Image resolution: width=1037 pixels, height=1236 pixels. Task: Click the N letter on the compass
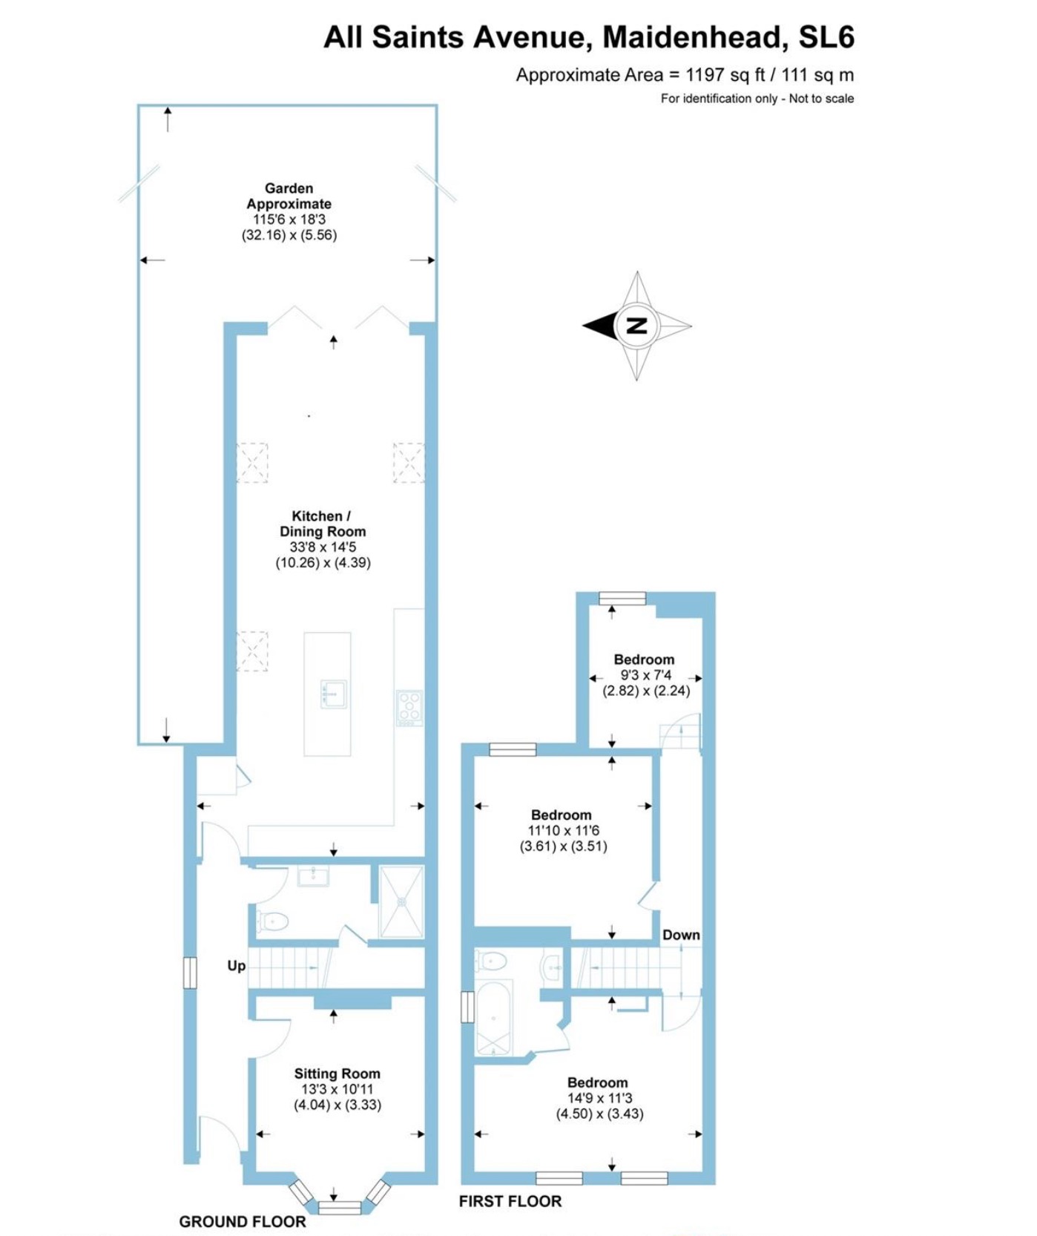point(636,325)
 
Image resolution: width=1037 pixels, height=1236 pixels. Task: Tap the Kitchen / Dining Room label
point(322,524)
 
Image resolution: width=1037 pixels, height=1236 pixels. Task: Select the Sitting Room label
point(337,1074)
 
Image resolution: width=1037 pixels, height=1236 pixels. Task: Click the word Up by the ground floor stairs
point(236,966)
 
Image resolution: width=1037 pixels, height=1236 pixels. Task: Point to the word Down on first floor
point(681,935)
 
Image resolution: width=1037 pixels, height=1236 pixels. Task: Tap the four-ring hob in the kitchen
point(409,707)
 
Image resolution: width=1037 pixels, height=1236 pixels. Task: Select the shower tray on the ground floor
point(401,901)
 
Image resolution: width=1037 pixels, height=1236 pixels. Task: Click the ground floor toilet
point(272,922)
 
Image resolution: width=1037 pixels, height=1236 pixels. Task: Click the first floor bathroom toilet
point(491,962)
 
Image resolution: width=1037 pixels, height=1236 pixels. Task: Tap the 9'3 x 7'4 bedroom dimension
point(645,675)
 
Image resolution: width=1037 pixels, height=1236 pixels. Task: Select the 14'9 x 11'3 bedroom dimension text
point(599,1098)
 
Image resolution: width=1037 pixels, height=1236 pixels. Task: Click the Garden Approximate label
point(289,196)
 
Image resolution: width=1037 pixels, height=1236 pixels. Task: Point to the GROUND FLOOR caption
point(242,1221)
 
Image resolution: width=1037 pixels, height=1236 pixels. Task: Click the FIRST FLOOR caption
point(510,1201)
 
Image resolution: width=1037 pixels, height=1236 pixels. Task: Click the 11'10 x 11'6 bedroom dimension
point(563,831)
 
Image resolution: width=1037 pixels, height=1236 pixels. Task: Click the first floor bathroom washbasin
point(551,967)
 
